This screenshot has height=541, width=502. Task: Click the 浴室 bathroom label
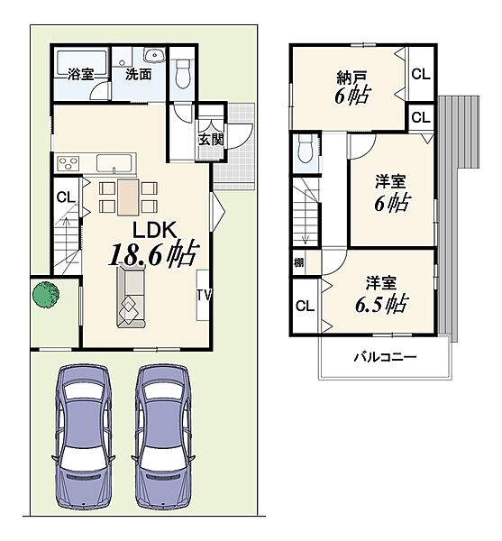coord(80,74)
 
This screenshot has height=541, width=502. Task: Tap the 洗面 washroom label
coord(138,74)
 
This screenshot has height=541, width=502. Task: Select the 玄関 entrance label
coord(211,140)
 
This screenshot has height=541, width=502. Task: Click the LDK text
coord(155,230)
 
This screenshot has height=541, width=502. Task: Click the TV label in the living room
coord(204,296)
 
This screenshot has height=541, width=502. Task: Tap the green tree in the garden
coord(46,294)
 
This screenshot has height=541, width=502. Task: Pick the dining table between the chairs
coord(128,197)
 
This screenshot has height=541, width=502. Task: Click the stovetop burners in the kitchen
coord(68,162)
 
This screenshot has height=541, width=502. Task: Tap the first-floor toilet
coord(182,73)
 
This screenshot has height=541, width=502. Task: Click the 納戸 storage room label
coord(351,78)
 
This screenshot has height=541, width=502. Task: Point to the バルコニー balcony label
coord(385,357)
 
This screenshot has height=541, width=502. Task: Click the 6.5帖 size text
coord(382,304)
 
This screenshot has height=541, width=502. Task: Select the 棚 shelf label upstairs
coord(299,262)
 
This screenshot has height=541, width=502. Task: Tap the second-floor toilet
coord(306,148)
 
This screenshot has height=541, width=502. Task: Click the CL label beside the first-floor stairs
coord(66,197)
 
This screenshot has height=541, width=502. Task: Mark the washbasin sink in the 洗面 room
coord(154,55)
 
